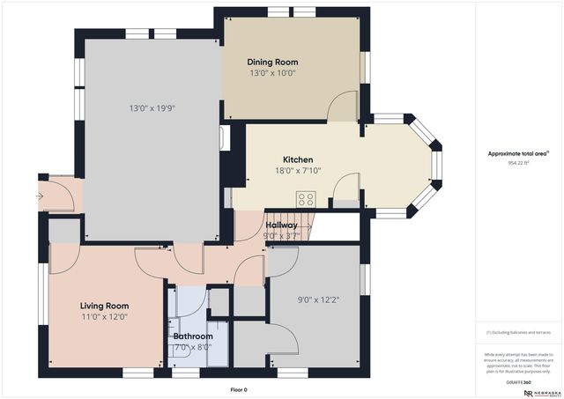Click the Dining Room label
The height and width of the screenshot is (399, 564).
272,62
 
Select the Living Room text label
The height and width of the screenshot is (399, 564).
105,306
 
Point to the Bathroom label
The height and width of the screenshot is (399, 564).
192,336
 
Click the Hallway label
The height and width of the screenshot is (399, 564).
281,225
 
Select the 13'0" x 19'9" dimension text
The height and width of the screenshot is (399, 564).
152,108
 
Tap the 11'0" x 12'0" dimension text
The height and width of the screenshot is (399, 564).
105,317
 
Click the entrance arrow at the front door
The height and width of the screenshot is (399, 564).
40,196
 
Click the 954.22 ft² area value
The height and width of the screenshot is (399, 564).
519,163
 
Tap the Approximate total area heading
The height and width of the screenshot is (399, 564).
519,152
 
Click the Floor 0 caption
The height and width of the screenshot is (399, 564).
238,389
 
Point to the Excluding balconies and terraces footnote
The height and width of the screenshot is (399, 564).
519,332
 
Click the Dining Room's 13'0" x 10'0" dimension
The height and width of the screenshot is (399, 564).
272,73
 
